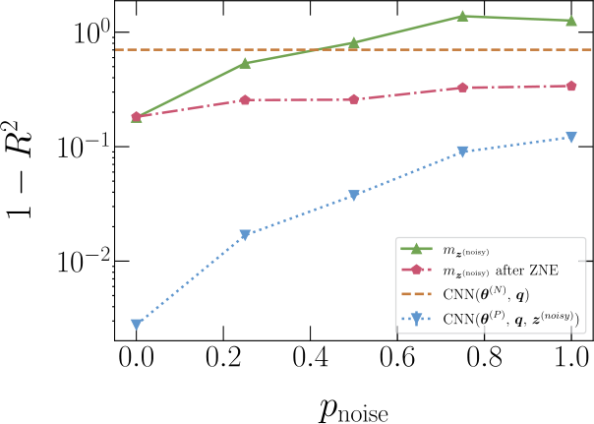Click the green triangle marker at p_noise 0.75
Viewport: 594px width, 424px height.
click(x=462, y=16)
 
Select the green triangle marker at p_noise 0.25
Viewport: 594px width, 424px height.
click(x=245, y=64)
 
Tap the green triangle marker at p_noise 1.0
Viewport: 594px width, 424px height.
click(x=571, y=20)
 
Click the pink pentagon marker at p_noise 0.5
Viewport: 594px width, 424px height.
click(x=354, y=99)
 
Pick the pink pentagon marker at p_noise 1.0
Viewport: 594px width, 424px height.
click(x=571, y=86)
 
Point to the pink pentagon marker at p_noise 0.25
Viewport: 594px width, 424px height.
click(x=245, y=99)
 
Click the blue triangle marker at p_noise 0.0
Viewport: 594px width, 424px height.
click(x=137, y=324)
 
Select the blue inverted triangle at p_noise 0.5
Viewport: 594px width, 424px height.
click(x=354, y=195)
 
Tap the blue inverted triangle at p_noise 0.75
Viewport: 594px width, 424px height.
click(x=462, y=151)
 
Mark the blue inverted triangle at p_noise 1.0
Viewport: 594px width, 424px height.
click(x=571, y=138)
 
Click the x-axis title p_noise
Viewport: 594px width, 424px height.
click(x=354, y=405)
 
